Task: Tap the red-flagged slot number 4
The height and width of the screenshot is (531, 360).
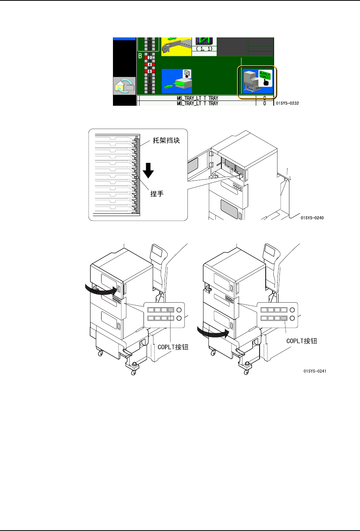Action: (149, 65)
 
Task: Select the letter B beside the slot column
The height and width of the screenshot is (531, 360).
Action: (140, 56)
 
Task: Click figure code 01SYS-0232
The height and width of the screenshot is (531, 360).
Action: (287, 103)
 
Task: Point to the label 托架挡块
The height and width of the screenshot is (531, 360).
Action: (166, 140)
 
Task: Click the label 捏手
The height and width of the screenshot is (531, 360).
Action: (157, 194)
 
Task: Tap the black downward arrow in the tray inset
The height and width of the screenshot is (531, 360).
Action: (148, 170)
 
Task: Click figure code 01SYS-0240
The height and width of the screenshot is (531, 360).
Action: (312, 218)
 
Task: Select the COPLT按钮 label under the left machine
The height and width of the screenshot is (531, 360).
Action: (173, 347)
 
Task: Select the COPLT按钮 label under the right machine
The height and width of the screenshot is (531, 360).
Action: (302, 341)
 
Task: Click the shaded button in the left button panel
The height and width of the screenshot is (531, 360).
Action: (171, 310)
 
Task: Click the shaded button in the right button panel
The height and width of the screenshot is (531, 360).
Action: (284, 318)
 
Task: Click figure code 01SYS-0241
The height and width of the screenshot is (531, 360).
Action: (315, 371)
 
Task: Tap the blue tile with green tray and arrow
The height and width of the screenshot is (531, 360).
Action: (176, 81)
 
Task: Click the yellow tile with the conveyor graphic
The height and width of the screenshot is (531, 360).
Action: (176, 47)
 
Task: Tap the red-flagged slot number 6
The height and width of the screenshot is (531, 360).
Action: (149, 71)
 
